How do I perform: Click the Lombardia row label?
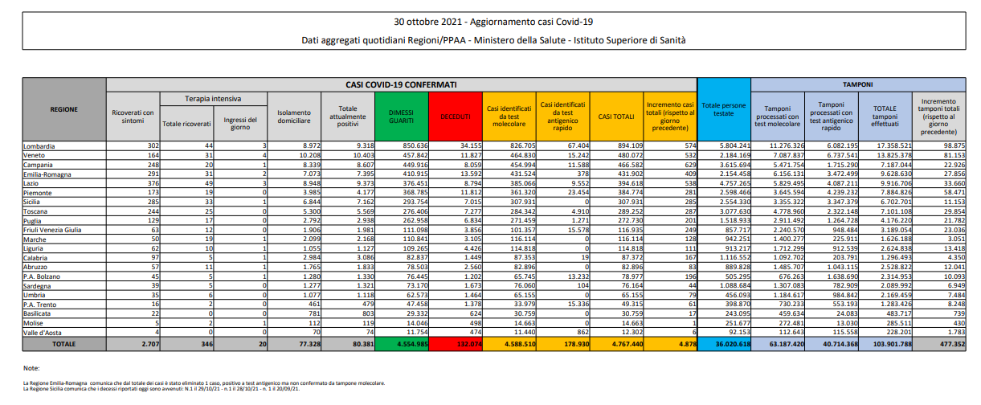click(x=41, y=145)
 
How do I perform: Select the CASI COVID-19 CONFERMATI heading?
click(x=402, y=84)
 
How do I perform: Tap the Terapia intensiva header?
click(x=213, y=99)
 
